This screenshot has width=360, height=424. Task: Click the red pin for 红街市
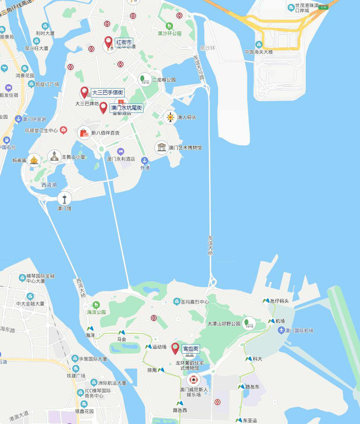[108, 41]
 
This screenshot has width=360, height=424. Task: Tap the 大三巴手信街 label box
[108, 92]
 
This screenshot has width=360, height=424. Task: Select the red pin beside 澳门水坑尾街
[103, 107]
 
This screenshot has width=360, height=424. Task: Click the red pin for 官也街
[175, 348]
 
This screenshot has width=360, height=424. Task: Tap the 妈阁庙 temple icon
[34, 160]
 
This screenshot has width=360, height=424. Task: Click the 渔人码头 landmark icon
[170, 117]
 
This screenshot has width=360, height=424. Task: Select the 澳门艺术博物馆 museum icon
[162, 147]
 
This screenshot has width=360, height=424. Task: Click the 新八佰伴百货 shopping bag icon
[84, 133]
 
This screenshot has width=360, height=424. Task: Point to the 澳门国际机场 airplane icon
[281, 330]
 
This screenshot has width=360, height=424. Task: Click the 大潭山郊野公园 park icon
[248, 323]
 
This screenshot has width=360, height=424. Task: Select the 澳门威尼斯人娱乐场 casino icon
[193, 380]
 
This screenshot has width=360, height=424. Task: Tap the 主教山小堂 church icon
[54, 156]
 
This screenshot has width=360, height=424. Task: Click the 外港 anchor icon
[145, 160]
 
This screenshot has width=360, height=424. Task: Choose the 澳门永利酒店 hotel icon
[121, 151]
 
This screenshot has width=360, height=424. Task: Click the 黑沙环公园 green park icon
[169, 26]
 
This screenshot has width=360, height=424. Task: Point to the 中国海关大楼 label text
[259, 52]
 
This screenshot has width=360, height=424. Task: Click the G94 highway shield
[323, 7]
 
